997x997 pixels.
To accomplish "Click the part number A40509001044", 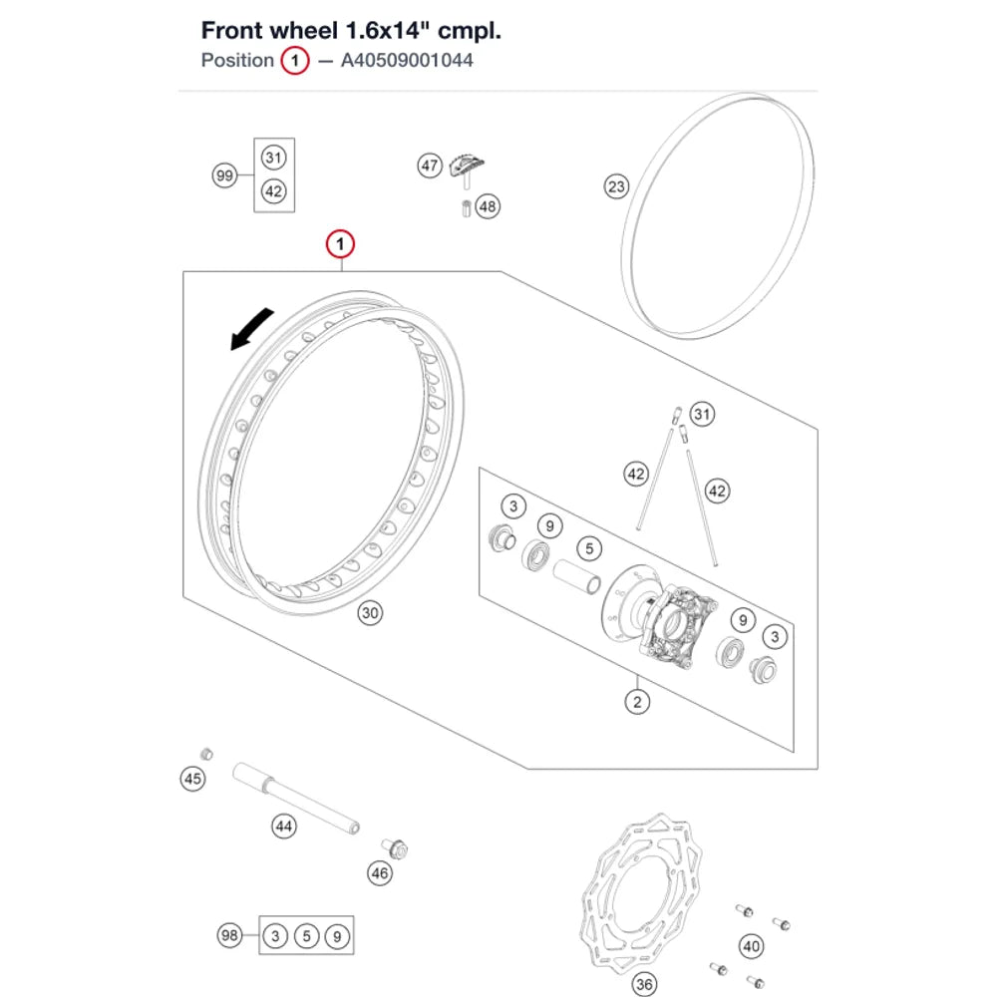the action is pyautogui.click(x=407, y=61).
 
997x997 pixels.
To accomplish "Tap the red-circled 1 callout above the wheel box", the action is pyautogui.click(x=340, y=244).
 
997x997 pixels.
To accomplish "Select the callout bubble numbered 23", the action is pyautogui.click(x=616, y=187).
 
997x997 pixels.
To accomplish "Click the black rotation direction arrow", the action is pyautogui.click(x=250, y=329).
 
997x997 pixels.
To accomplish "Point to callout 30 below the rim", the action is pyautogui.click(x=370, y=613).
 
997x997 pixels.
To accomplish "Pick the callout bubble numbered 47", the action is pyautogui.click(x=430, y=166).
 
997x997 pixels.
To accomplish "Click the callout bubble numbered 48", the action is pyautogui.click(x=488, y=206).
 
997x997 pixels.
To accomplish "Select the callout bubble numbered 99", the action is pyautogui.click(x=224, y=175).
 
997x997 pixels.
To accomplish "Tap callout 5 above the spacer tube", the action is pyautogui.click(x=589, y=548).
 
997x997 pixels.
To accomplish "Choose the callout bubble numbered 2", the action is pyautogui.click(x=637, y=702).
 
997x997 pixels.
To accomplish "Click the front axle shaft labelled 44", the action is pyautogui.click(x=296, y=799).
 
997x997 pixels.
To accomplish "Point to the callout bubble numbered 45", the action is pyautogui.click(x=192, y=779).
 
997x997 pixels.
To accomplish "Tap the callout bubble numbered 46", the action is pyautogui.click(x=380, y=873).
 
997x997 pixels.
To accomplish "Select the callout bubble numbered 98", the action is pyautogui.click(x=229, y=935).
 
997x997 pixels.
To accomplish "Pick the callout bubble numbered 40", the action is pyautogui.click(x=752, y=947).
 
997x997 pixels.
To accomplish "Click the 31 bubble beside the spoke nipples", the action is pyautogui.click(x=702, y=415).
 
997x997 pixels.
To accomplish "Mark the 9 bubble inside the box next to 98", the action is pyautogui.click(x=337, y=936).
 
